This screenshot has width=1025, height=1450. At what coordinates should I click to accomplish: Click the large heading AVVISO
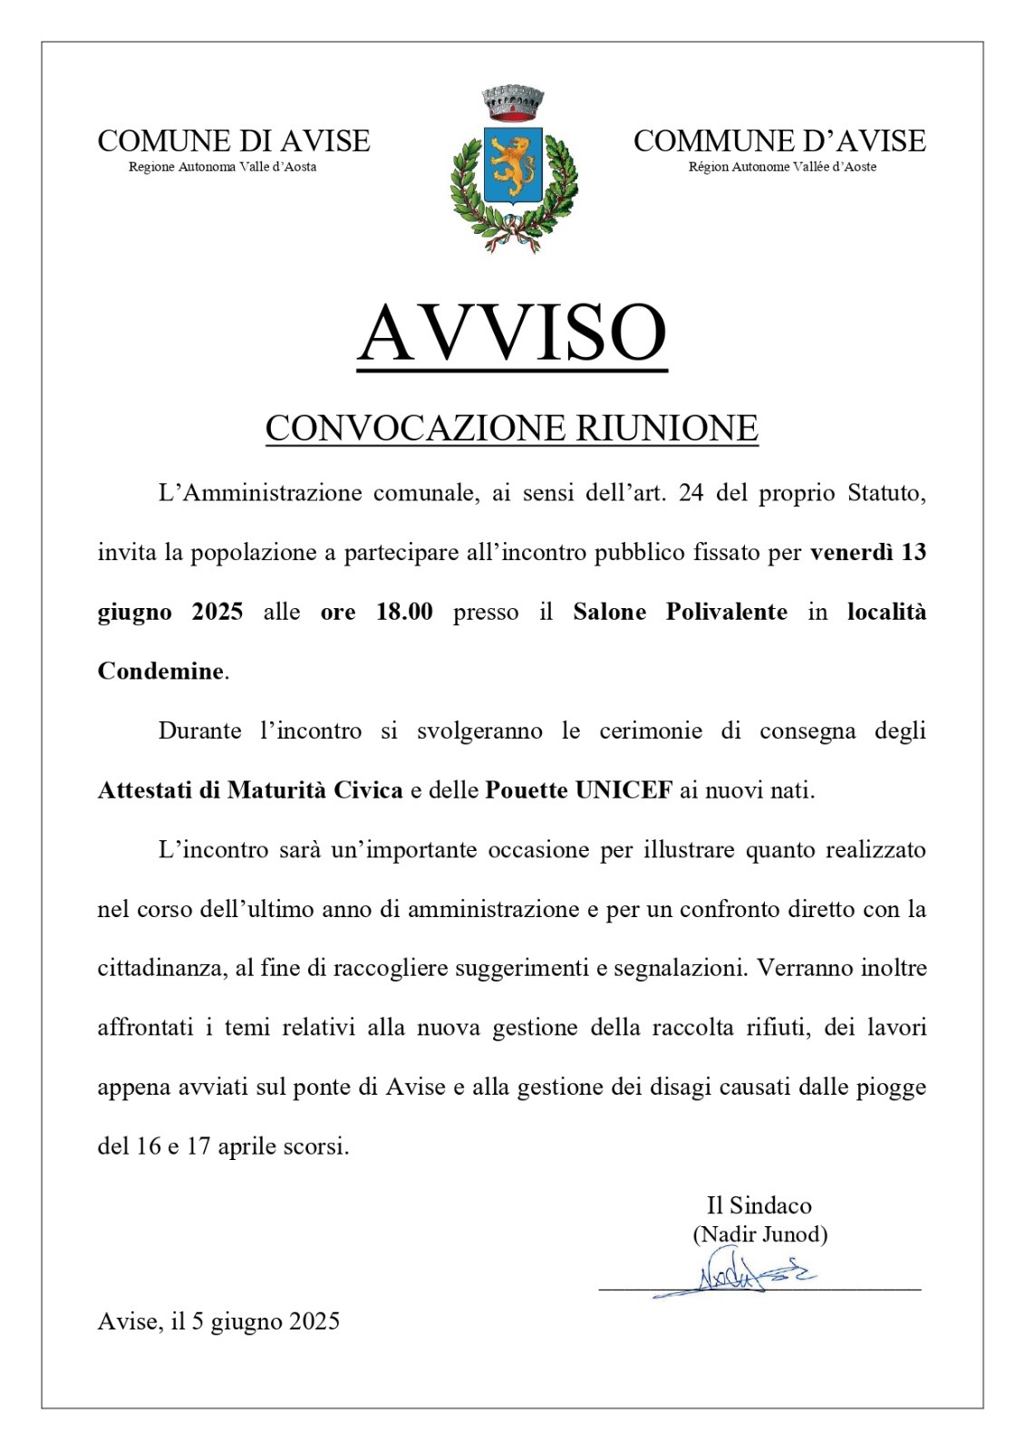click(x=512, y=333)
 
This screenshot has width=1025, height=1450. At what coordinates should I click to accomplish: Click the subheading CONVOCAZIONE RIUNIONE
click(x=511, y=428)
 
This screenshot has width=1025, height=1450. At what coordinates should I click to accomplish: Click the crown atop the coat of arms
click(x=512, y=103)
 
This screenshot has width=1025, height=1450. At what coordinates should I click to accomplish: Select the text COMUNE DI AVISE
click(x=234, y=141)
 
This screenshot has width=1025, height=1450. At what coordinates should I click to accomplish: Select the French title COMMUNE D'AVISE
click(x=779, y=141)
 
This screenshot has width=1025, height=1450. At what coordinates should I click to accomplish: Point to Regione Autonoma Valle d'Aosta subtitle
click(x=222, y=167)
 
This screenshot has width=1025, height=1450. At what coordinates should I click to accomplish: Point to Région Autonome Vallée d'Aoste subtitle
click(x=782, y=167)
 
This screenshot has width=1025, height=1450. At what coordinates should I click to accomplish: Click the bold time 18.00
click(x=404, y=612)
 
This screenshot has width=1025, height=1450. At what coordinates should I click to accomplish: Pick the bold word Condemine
click(x=160, y=672)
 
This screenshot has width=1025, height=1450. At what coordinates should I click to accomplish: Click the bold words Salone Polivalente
click(x=680, y=612)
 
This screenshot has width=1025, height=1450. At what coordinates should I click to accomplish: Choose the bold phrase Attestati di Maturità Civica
click(x=250, y=790)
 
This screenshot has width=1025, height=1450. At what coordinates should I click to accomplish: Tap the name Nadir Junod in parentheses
click(x=760, y=1234)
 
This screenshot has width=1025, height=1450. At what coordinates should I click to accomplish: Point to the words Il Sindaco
click(x=759, y=1205)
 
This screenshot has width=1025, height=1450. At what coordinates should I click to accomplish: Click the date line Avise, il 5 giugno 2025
click(x=218, y=1321)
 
